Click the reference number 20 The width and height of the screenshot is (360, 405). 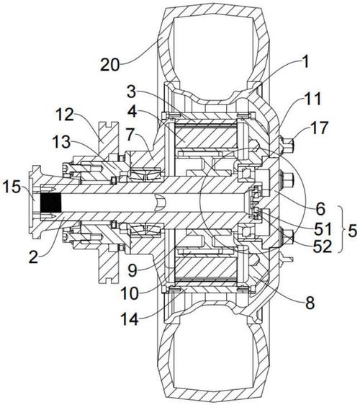[110, 64]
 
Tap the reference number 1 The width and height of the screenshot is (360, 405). [305, 62]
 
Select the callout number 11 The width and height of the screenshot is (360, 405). [312, 99]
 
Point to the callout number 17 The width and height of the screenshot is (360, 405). [320, 128]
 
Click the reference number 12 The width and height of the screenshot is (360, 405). [65, 114]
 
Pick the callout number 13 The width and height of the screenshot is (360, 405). [61, 142]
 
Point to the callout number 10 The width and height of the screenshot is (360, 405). [130, 293]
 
